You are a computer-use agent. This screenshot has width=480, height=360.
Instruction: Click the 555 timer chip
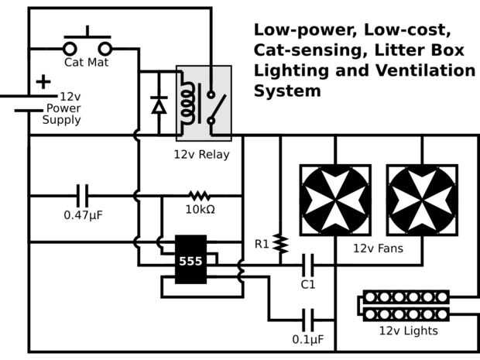click(x=190, y=260)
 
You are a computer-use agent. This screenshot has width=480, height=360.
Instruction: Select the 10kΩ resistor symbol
click(x=200, y=196)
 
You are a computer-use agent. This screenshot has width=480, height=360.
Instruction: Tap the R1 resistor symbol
click(x=280, y=245)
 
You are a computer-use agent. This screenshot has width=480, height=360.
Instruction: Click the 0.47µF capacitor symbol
click(x=83, y=196)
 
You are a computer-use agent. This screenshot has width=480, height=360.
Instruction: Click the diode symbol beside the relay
click(x=159, y=105)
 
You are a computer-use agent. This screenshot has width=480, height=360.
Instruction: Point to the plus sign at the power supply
click(x=43, y=81)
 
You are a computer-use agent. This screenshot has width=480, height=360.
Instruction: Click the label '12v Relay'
click(x=202, y=155)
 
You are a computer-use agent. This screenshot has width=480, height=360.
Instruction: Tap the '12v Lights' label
click(x=408, y=331)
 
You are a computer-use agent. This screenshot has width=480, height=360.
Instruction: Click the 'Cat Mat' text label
click(x=86, y=62)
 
